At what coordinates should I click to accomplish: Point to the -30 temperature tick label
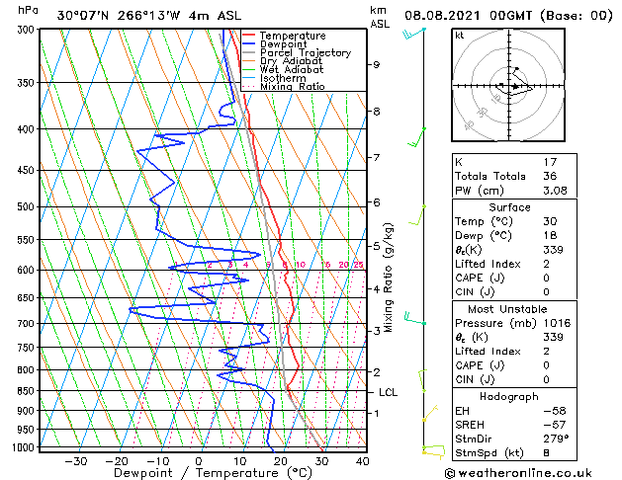point(76,460)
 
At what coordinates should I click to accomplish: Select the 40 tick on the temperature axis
point(362,460)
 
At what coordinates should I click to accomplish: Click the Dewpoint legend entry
point(285,44)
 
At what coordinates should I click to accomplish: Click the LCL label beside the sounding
point(388,392)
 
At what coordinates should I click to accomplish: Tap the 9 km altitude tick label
point(377,64)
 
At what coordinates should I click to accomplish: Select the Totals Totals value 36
point(550,176)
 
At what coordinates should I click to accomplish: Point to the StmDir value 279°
point(552,438)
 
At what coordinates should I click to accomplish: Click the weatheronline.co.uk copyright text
point(531,473)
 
